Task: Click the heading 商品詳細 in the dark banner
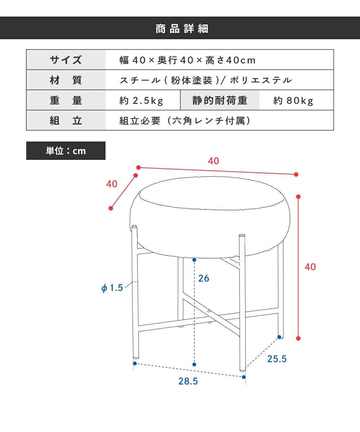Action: coord(182,28)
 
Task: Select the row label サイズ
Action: coord(66,60)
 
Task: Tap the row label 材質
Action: coord(66,80)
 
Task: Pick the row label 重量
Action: coord(66,100)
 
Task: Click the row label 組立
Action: coord(66,120)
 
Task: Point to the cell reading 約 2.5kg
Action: coord(141,101)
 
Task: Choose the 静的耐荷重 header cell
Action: coord(220,100)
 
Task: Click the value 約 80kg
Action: coord(293,101)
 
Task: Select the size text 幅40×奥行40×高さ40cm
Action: coord(188,60)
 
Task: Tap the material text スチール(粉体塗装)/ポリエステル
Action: coord(206,80)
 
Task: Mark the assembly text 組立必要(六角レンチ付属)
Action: coord(185,121)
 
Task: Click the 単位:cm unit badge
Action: coord(66,150)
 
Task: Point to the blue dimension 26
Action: coord(204,278)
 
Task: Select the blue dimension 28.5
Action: coord(188,381)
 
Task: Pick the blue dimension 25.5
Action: coord(277,359)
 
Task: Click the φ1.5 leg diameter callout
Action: coord(112,288)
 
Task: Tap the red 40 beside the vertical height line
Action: coord(310,267)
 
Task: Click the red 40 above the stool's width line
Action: coord(213,161)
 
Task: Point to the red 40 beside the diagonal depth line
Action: coord(112,184)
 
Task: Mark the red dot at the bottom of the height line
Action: coord(298,338)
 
